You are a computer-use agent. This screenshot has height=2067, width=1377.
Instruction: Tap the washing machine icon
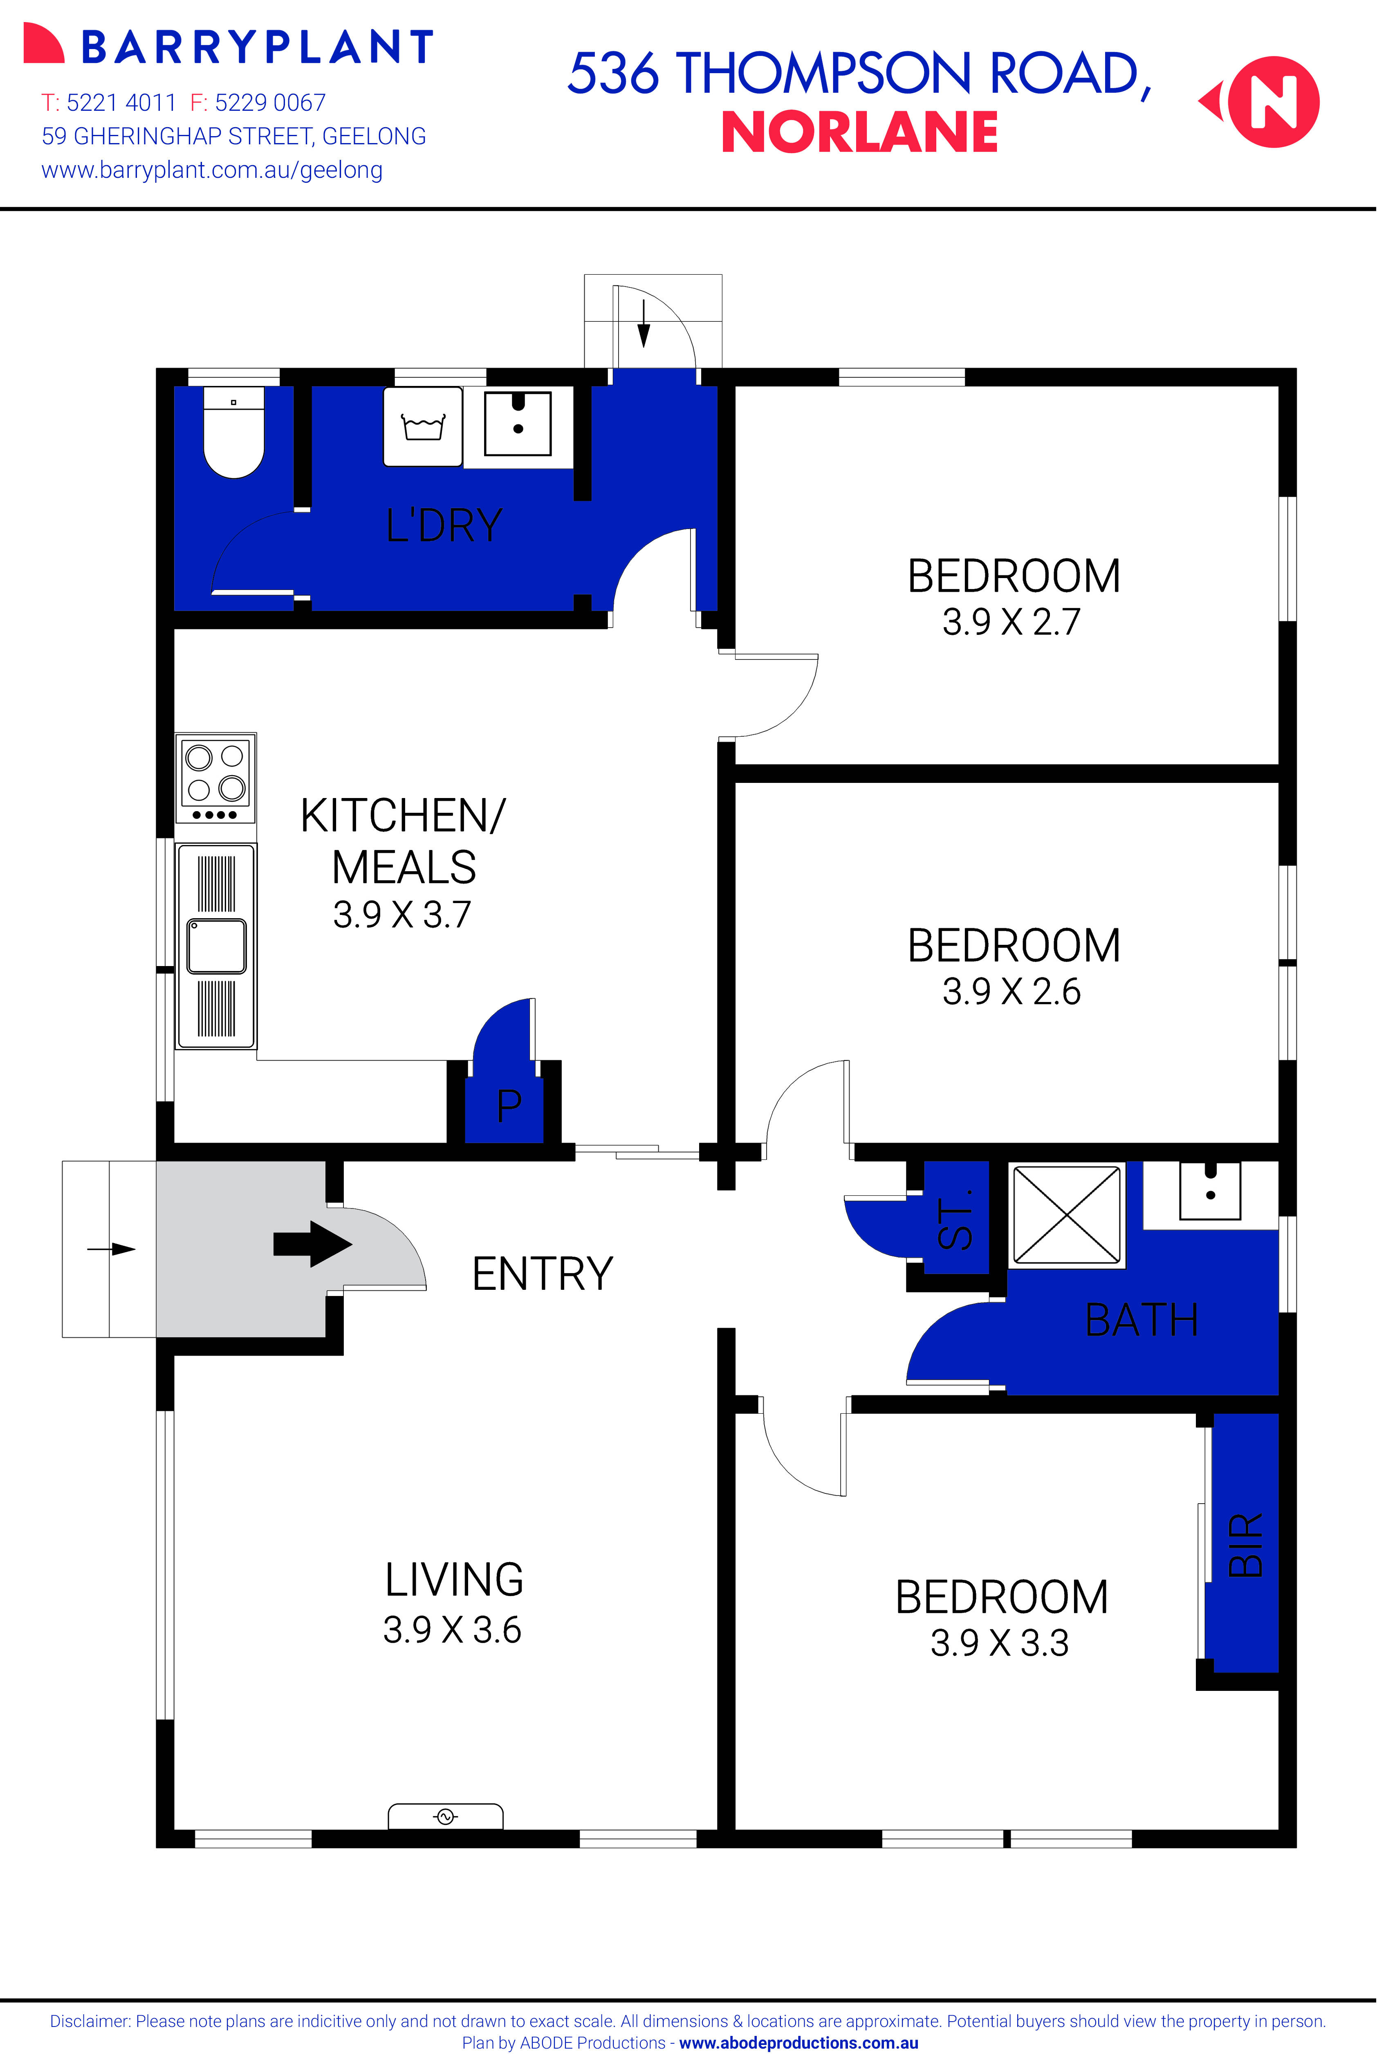422,427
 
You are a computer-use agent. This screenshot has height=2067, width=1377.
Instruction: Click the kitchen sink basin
216,946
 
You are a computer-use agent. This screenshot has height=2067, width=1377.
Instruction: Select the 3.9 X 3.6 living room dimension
452,1630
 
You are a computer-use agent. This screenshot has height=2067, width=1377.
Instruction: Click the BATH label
1141,1320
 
